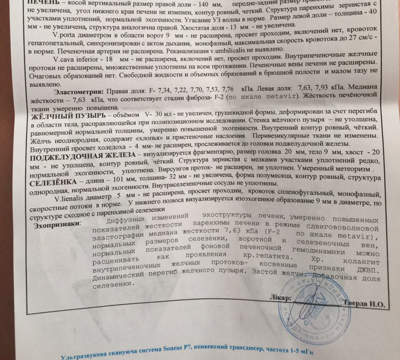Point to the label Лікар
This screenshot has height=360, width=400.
click(x=283, y=298)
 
